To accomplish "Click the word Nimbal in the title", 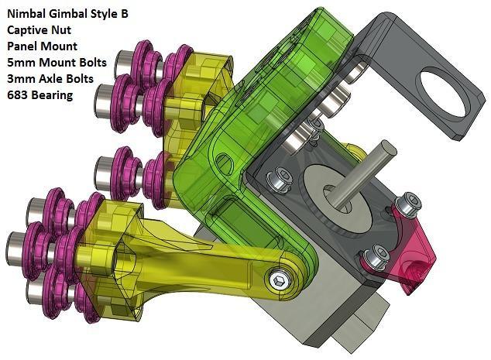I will coord(26,13).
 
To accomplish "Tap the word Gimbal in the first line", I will coord(73,13).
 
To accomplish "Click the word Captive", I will coord(28,29).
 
